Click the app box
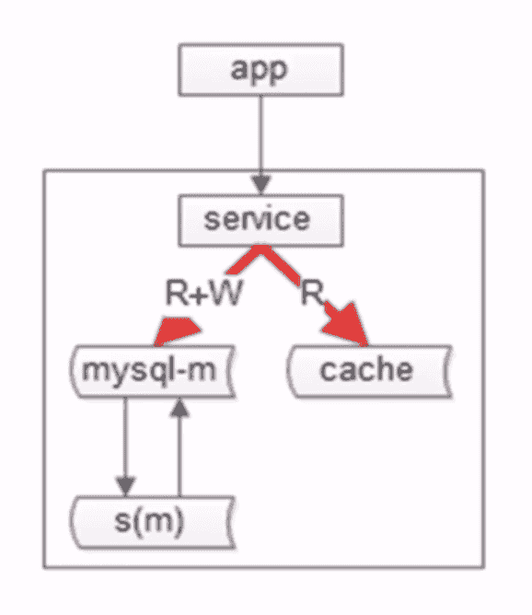[x=260, y=69]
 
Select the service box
[x=260, y=220]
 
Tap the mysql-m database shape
[x=153, y=371]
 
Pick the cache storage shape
[x=369, y=371]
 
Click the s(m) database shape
[x=153, y=522]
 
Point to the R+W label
[x=203, y=293]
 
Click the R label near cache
[x=312, y=293]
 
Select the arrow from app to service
[x=260, y=145]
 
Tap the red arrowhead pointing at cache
[x=348, y=327]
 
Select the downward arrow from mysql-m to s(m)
[x=125, y=447]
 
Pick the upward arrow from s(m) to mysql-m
[x=179, y=447]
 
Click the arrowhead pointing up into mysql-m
[x=179, y=408]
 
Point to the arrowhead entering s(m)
[x=125, y=487]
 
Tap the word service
[x=257, y=220]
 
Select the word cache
[x=366, y=370]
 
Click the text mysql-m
[x=149, y=371]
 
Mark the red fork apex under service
[x=260, y=249]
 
